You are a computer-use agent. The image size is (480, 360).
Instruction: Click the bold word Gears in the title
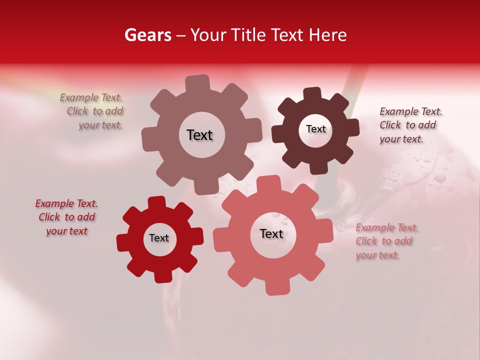click(147, 35)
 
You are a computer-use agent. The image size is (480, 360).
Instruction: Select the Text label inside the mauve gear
click(199, 135)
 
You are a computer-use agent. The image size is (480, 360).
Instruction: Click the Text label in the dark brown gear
click(315, 129)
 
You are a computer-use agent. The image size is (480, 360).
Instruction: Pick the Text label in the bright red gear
click(159, 238)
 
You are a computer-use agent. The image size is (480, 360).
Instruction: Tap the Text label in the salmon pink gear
click(271, 233)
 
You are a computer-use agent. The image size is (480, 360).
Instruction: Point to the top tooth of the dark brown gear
click(312, 94)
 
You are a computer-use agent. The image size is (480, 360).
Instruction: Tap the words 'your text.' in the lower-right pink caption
click(377, 255)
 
